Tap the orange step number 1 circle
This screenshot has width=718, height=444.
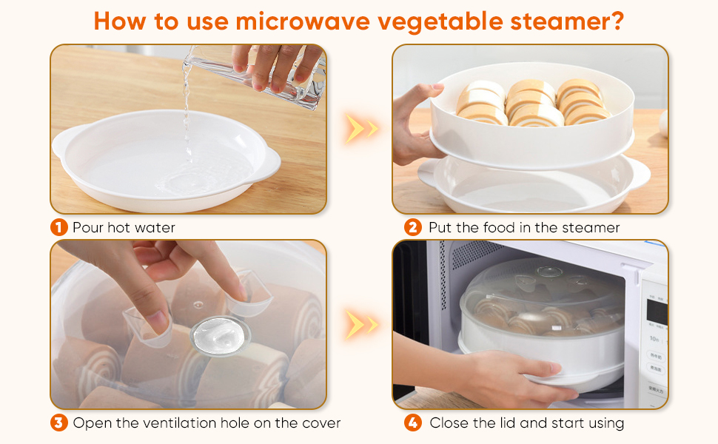(60, 227)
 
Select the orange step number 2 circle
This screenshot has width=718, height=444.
(413, 227)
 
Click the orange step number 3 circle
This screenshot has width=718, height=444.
(60, 423)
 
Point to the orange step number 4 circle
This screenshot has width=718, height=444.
(413, 423)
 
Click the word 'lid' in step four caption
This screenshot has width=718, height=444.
(503, 423)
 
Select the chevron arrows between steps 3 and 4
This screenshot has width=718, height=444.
(360, 324)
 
